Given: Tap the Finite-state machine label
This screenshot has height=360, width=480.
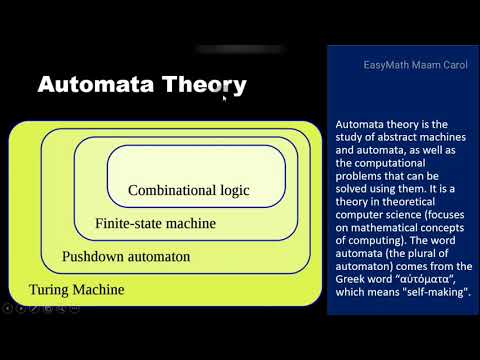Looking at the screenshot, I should point(155,223).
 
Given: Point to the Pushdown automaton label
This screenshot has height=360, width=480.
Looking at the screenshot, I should point(125,257).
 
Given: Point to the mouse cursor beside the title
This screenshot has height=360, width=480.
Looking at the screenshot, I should point(225,98).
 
